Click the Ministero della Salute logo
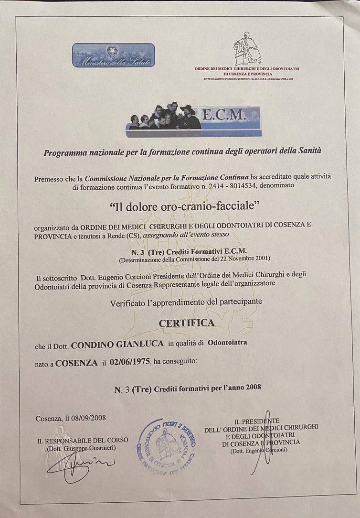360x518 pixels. click(x=114, y=55)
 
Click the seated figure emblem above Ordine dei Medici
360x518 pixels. click(x=246, y=49)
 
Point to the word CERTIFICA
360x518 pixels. click(x=187, y=323)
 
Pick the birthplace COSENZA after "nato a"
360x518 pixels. click(x=76, y=363)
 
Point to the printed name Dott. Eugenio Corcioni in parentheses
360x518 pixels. click(x=259, y=451)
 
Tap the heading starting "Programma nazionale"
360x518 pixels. click(x=183, y=152)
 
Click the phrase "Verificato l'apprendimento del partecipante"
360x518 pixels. click(x=186, y=302)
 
